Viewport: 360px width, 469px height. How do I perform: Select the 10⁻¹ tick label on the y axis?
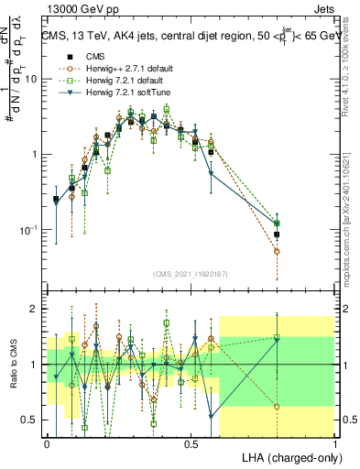click(x=29, y=229)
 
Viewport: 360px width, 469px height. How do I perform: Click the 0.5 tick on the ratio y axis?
click(x=32, y=420)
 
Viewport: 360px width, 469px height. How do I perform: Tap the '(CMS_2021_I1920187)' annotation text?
click(x=191, y=274)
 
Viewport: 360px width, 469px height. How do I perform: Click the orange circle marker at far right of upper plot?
click(x=277, y=251)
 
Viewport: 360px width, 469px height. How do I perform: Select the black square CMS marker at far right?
click(x=277, y=234)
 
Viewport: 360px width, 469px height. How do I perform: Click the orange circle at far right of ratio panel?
click(x=277, y=407)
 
